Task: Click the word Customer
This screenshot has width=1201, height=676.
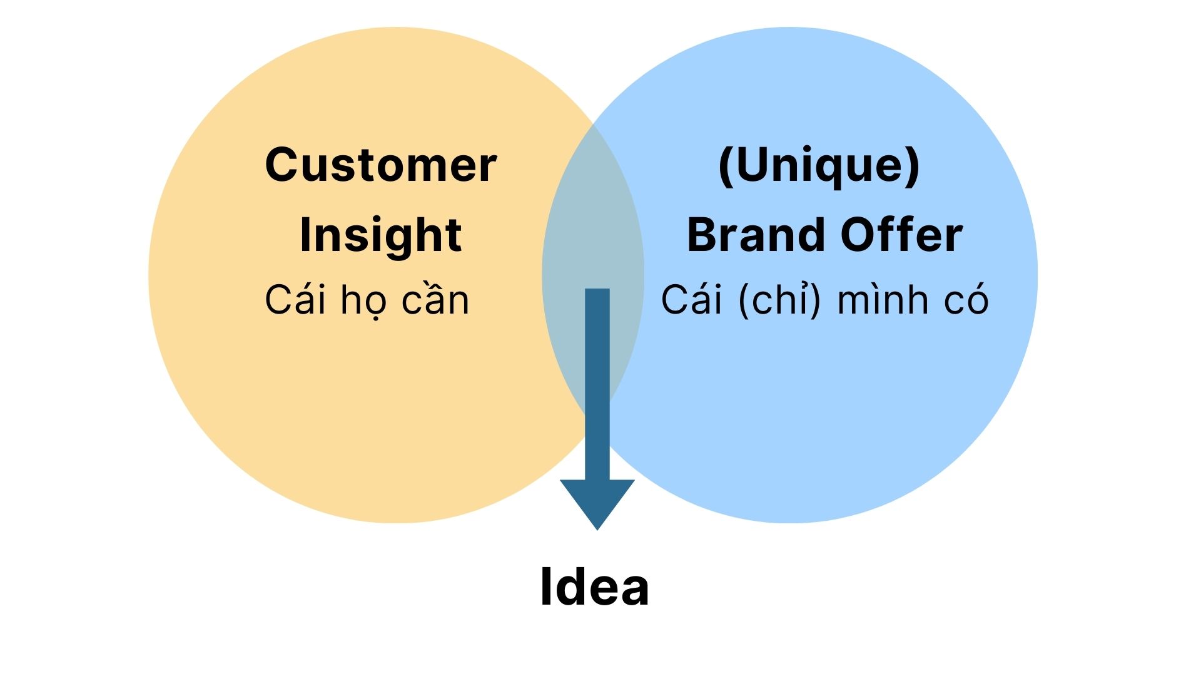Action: click(x=381, y=165)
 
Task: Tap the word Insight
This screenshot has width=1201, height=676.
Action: click(x=381, y=236)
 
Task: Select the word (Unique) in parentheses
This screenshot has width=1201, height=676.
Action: click(x=819, y=166)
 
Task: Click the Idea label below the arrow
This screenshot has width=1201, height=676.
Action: click(x=594, y=586)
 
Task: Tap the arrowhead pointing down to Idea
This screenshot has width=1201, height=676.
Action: click(x=597, y=504)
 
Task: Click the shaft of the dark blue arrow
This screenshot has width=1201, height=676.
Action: click(x=597, y=384)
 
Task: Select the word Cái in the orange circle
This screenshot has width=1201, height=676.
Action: click(x=295, y=299)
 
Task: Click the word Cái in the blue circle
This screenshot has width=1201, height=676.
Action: click(x=692, y=299)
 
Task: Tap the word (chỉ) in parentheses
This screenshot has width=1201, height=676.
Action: click(x=779, y=300)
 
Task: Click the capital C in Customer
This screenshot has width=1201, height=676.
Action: click(x=282, y=165)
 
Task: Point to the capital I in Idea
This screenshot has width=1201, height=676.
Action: click(x=545, y=586)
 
